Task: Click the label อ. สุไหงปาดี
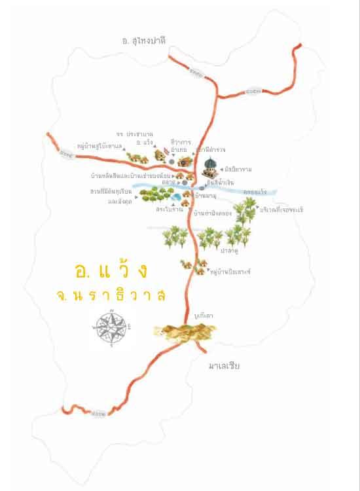(x=145, y=41)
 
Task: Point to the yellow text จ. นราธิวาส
(x=111, y=295)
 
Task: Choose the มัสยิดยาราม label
(x=241, y=169)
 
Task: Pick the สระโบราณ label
(x=169, y=209)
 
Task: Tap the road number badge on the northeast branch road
(x=255, y=90)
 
